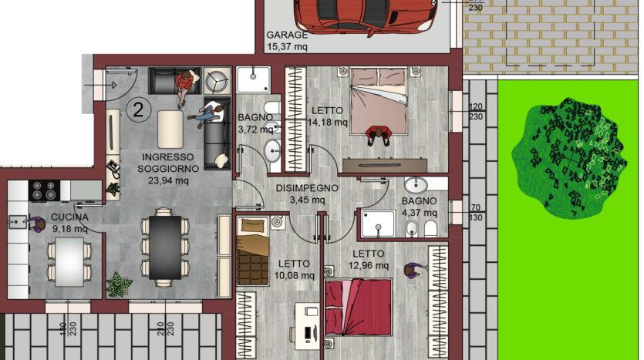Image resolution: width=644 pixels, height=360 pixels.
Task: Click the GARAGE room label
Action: pos(287,35)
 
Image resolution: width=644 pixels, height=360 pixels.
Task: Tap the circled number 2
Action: pos(138,110)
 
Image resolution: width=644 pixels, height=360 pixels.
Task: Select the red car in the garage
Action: pos(365,16)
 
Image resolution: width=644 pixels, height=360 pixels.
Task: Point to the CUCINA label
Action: pos(69,217)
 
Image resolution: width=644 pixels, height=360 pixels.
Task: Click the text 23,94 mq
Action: pos(168,180)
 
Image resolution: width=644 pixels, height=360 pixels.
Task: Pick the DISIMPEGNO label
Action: pos(307,188)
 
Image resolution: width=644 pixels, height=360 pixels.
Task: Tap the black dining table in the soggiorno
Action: pos(165,247)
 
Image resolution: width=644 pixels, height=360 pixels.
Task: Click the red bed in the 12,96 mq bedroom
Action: pos(358,307)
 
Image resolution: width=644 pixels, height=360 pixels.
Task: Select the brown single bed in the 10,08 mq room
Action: pos(253,251)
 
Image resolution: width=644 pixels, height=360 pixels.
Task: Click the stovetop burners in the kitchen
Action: pos(45,190)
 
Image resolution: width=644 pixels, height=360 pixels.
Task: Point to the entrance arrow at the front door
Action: pos(100,86)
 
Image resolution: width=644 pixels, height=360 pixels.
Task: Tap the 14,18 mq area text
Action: pos(328,123)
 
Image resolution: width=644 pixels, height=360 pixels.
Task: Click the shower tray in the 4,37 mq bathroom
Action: pos(378,224)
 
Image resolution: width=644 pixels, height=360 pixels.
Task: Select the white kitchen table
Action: pos(69,262)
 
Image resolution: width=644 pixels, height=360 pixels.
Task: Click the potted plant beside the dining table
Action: pos(119,284)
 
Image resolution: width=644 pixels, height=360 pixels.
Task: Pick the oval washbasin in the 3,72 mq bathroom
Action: pos(272,151)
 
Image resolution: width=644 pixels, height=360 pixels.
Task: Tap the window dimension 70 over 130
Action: pos(476,213)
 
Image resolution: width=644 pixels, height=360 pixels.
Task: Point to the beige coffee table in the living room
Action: pos(170,130)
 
